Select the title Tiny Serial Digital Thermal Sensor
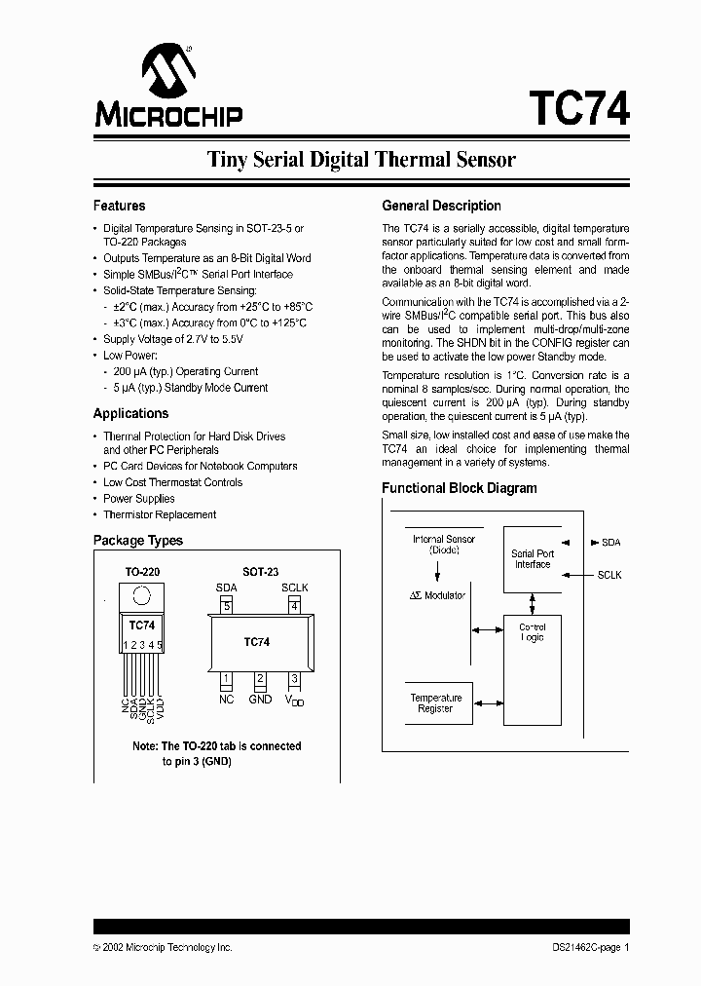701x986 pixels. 361,159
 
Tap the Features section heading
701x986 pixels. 119,206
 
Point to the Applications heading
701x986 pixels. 130,413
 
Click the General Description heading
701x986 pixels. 441,206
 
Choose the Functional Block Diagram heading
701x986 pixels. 459,488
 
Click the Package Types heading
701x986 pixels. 137,540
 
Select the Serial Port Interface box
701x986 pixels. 533,559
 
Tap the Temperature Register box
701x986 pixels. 435,702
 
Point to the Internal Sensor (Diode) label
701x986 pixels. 443,544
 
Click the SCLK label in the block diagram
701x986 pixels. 609,576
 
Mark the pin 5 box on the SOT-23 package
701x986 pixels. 227,606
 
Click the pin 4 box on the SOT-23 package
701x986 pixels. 294,606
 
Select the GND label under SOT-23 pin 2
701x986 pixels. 260,699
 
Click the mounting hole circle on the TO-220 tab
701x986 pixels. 142,594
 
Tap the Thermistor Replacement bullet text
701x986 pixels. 160,514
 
